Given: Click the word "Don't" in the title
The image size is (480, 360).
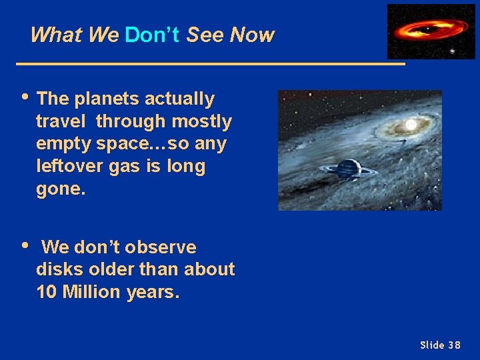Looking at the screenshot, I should click(x=151, y=35).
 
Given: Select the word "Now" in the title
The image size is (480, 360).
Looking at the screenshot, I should click(x=251, y=35).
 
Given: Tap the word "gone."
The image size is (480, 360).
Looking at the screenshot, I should click(x=61, y=189).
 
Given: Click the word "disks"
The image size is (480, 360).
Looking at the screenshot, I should click(x=61, y=269).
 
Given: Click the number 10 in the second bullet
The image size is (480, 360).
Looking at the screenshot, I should click(x=47, y=292).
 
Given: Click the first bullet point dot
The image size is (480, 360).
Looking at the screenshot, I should click(x=25, y=97).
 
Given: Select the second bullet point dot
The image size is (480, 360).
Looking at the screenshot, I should click(x=25, y=245).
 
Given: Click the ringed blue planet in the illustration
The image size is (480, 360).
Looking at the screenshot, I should click(x=349, y=169).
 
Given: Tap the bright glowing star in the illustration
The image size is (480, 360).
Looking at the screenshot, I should click(x=411, y=125).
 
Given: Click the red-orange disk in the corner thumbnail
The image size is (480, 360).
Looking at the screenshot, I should click(x=427, y=29).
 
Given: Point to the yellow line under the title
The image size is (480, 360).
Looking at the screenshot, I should click(x=211, y=64).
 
